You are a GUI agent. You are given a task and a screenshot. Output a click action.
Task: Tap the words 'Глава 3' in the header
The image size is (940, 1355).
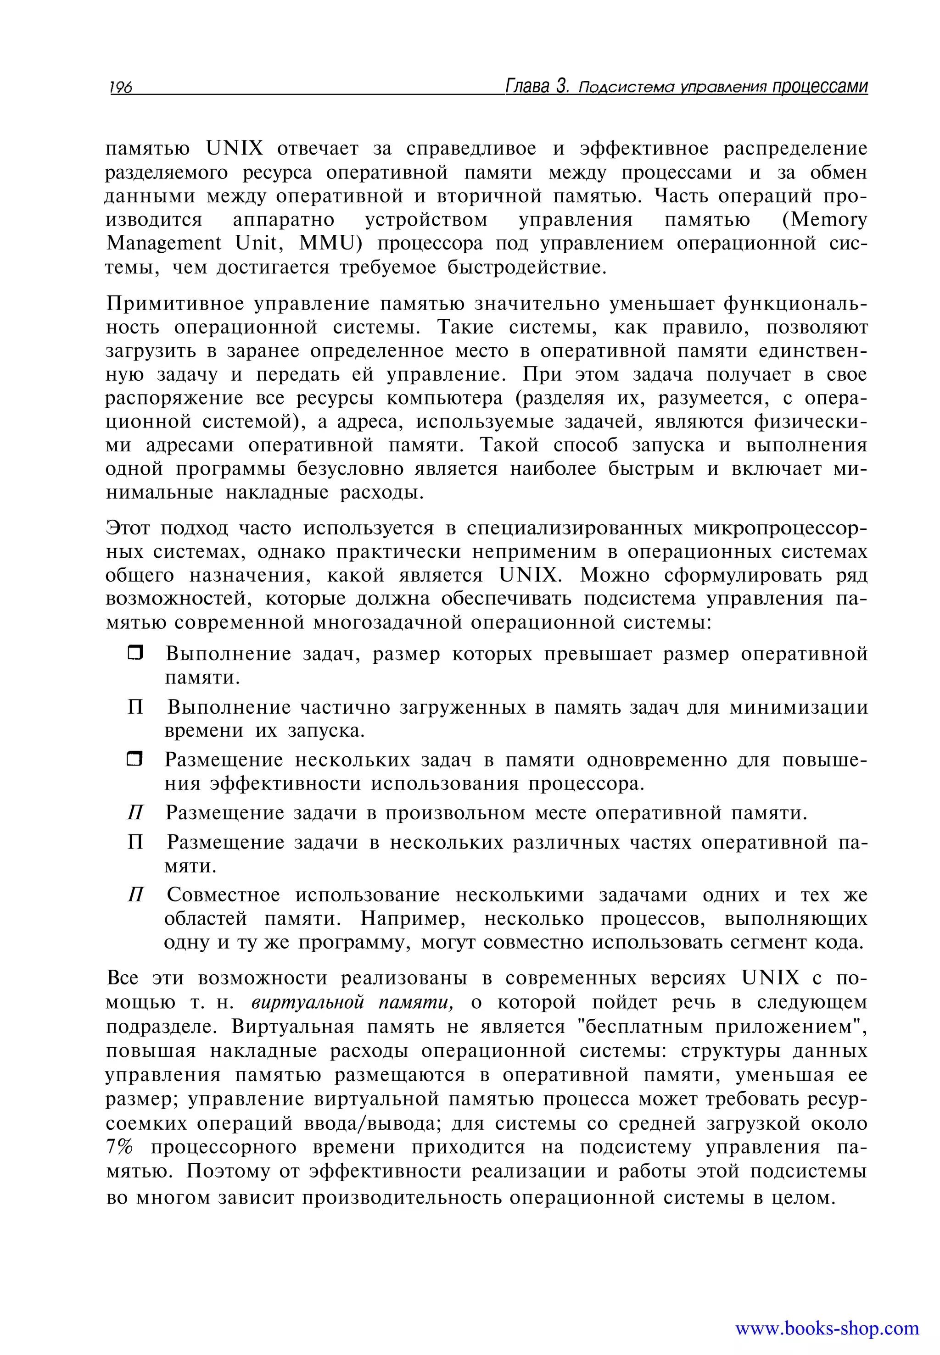537,86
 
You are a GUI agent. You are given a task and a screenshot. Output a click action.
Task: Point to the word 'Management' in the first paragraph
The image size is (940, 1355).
164,244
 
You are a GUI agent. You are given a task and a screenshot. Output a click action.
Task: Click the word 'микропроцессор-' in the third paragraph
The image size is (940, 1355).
780,528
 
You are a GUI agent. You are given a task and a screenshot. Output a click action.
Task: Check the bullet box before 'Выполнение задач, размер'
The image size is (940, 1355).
135,653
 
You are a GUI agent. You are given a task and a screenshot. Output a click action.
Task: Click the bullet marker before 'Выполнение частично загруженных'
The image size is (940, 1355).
135,706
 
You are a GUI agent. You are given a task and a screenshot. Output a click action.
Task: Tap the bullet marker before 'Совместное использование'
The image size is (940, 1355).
135,895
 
